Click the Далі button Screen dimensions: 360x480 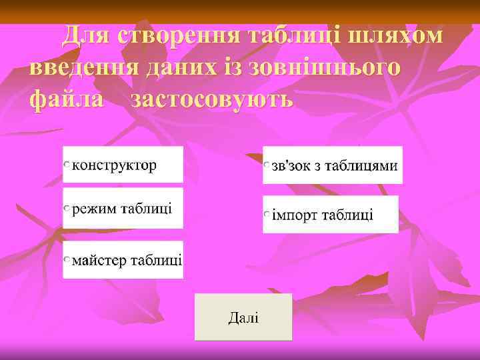243,317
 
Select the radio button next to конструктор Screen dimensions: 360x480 67,164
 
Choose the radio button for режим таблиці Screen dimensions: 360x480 67,209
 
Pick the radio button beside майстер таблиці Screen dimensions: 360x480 67,259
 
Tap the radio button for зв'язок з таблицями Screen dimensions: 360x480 267,165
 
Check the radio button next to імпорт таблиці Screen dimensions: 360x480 267,215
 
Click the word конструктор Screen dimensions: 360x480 114,165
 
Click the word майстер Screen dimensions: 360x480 99,259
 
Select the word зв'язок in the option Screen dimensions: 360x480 291,165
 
